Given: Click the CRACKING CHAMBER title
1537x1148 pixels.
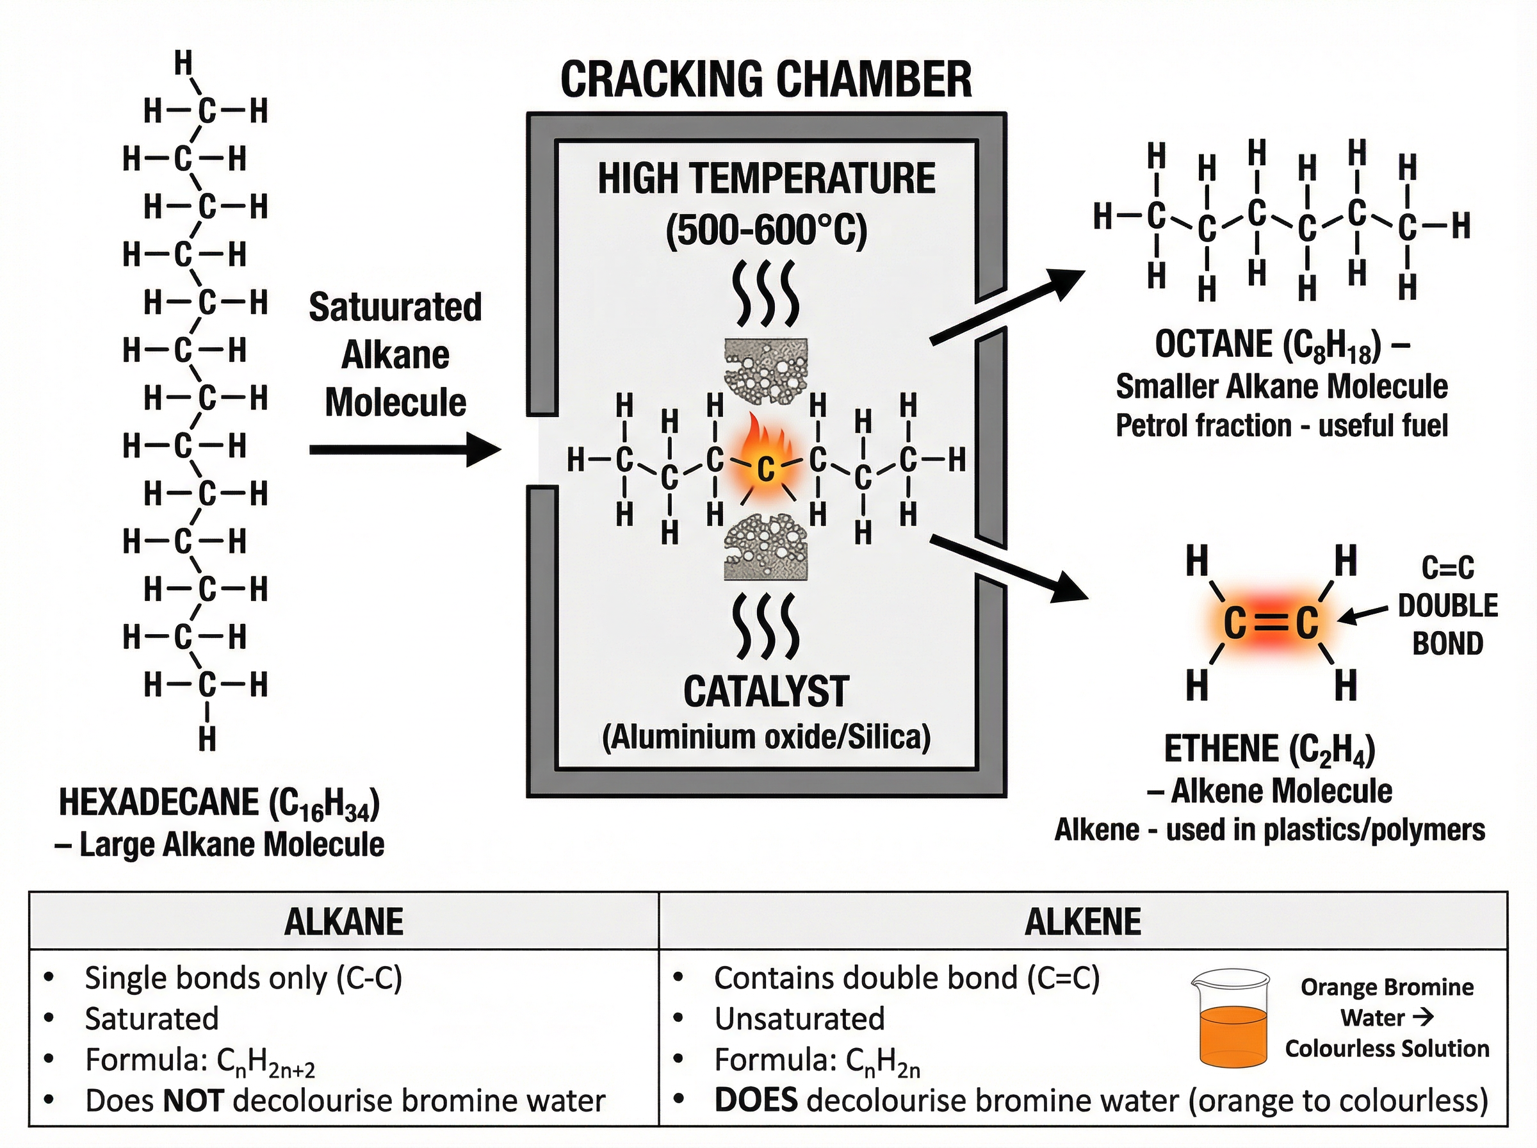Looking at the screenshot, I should coord(765,80).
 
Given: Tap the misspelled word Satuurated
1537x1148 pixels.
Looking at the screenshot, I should coord(394,307).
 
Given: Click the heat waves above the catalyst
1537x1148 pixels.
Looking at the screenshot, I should coord(765,295).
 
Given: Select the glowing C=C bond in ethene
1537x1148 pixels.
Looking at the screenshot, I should coord(1271,623).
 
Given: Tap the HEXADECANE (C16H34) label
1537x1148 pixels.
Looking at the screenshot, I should coord(219,803).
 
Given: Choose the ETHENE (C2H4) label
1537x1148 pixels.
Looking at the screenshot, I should coord(1269,749).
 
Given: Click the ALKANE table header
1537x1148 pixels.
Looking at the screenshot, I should coord(343,922).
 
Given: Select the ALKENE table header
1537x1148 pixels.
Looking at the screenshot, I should coord(1082,922).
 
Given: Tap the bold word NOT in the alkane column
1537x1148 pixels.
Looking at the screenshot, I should coord(192,1101).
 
